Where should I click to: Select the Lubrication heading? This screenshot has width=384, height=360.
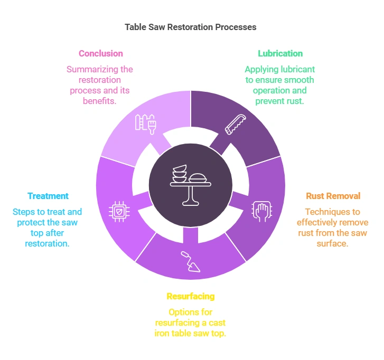[280, 53]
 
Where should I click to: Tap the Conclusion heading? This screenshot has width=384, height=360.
[100, 53]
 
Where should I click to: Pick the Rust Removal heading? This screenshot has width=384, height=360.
[333, 196]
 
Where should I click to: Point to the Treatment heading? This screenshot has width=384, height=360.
[48, 196]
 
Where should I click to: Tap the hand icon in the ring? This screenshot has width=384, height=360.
[259, 210]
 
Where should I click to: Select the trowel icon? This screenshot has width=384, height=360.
[191, 261]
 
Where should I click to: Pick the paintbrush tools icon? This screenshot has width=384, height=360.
[146, 124]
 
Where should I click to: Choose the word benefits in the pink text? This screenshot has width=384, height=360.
[100, 101]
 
